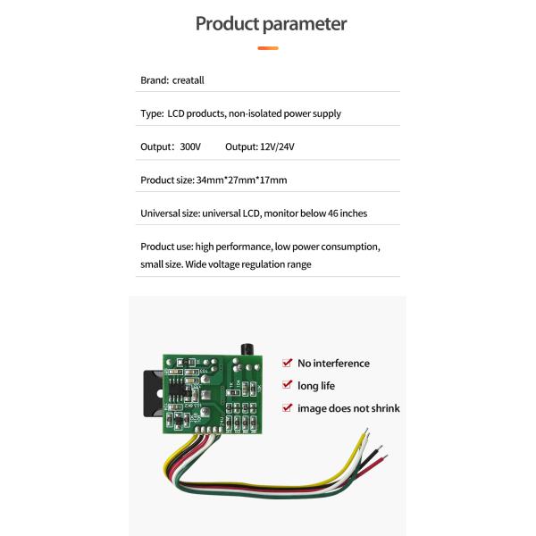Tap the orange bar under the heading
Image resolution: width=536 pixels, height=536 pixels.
[268, 48]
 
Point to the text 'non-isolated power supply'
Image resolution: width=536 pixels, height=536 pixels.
[285, 113]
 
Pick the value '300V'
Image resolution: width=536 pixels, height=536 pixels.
[190, 147]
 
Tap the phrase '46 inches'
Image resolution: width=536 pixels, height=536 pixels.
[346, 214]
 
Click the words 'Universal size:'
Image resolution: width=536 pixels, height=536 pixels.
[171, 214]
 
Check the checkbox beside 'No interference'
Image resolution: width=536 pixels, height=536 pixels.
[287, 363]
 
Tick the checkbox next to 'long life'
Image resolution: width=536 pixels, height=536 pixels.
[287, 385]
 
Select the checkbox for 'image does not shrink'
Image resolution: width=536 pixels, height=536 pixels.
[287, 407]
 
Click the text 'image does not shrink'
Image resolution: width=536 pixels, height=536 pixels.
[348, 408]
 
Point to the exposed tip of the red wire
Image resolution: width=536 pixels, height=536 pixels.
[383, 457]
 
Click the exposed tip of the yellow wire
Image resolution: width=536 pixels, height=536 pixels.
[364, 434]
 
